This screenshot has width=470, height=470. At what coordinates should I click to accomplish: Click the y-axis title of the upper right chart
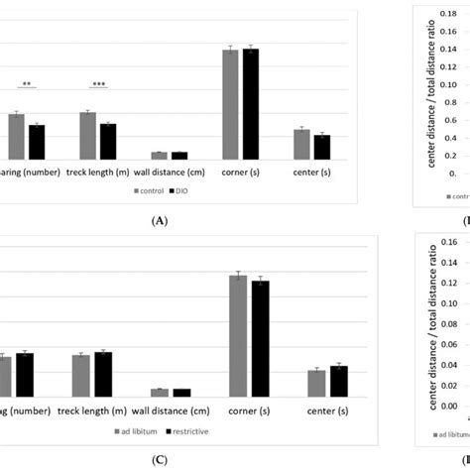click(x=418, y=89)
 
